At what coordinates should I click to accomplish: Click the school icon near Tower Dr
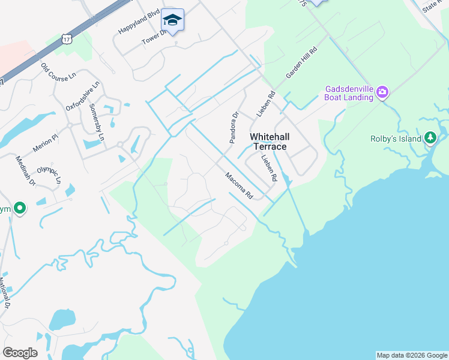tap(172, 20)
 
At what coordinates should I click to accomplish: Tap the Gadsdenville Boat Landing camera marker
tap(382, 92)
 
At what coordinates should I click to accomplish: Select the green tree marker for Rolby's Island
tap(430, 139)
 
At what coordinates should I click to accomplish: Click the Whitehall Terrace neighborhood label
tap(268, 142)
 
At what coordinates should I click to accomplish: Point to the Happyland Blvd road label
tap(139, 22)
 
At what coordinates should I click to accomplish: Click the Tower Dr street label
tap(153, 36)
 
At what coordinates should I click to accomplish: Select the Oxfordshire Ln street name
tap(80, 98)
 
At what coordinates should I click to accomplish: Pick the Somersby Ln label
tap(97, 122)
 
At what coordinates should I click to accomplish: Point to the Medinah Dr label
tap(26, 172)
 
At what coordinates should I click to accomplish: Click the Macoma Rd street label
tap(240, 186)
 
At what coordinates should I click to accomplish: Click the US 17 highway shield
tap(65, 39)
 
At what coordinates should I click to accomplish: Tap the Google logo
tap(20, 353)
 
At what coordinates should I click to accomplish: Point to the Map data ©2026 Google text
tap(412, 355)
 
